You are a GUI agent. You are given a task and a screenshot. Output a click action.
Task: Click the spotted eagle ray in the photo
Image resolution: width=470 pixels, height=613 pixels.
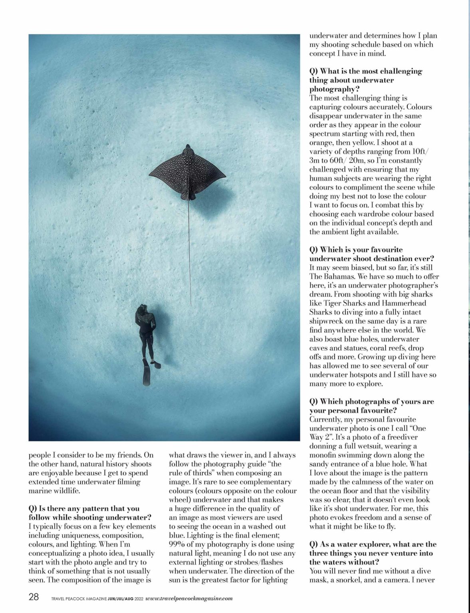point(187,171)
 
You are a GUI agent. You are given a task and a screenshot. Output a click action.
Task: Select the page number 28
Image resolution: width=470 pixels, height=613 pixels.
point(34,597)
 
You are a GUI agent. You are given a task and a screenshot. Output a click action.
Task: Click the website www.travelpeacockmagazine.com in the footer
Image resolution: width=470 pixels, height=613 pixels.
point(189,598)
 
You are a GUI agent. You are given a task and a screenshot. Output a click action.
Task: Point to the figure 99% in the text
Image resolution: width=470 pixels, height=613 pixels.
point(178,544)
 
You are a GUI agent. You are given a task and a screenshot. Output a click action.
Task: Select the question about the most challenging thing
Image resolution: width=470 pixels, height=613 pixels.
point(365,80)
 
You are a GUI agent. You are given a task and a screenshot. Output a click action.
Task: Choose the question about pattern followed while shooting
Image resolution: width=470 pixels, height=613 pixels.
point(90,513)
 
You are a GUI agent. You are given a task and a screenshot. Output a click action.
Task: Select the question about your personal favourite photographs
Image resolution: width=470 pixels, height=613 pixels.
point(371,406)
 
